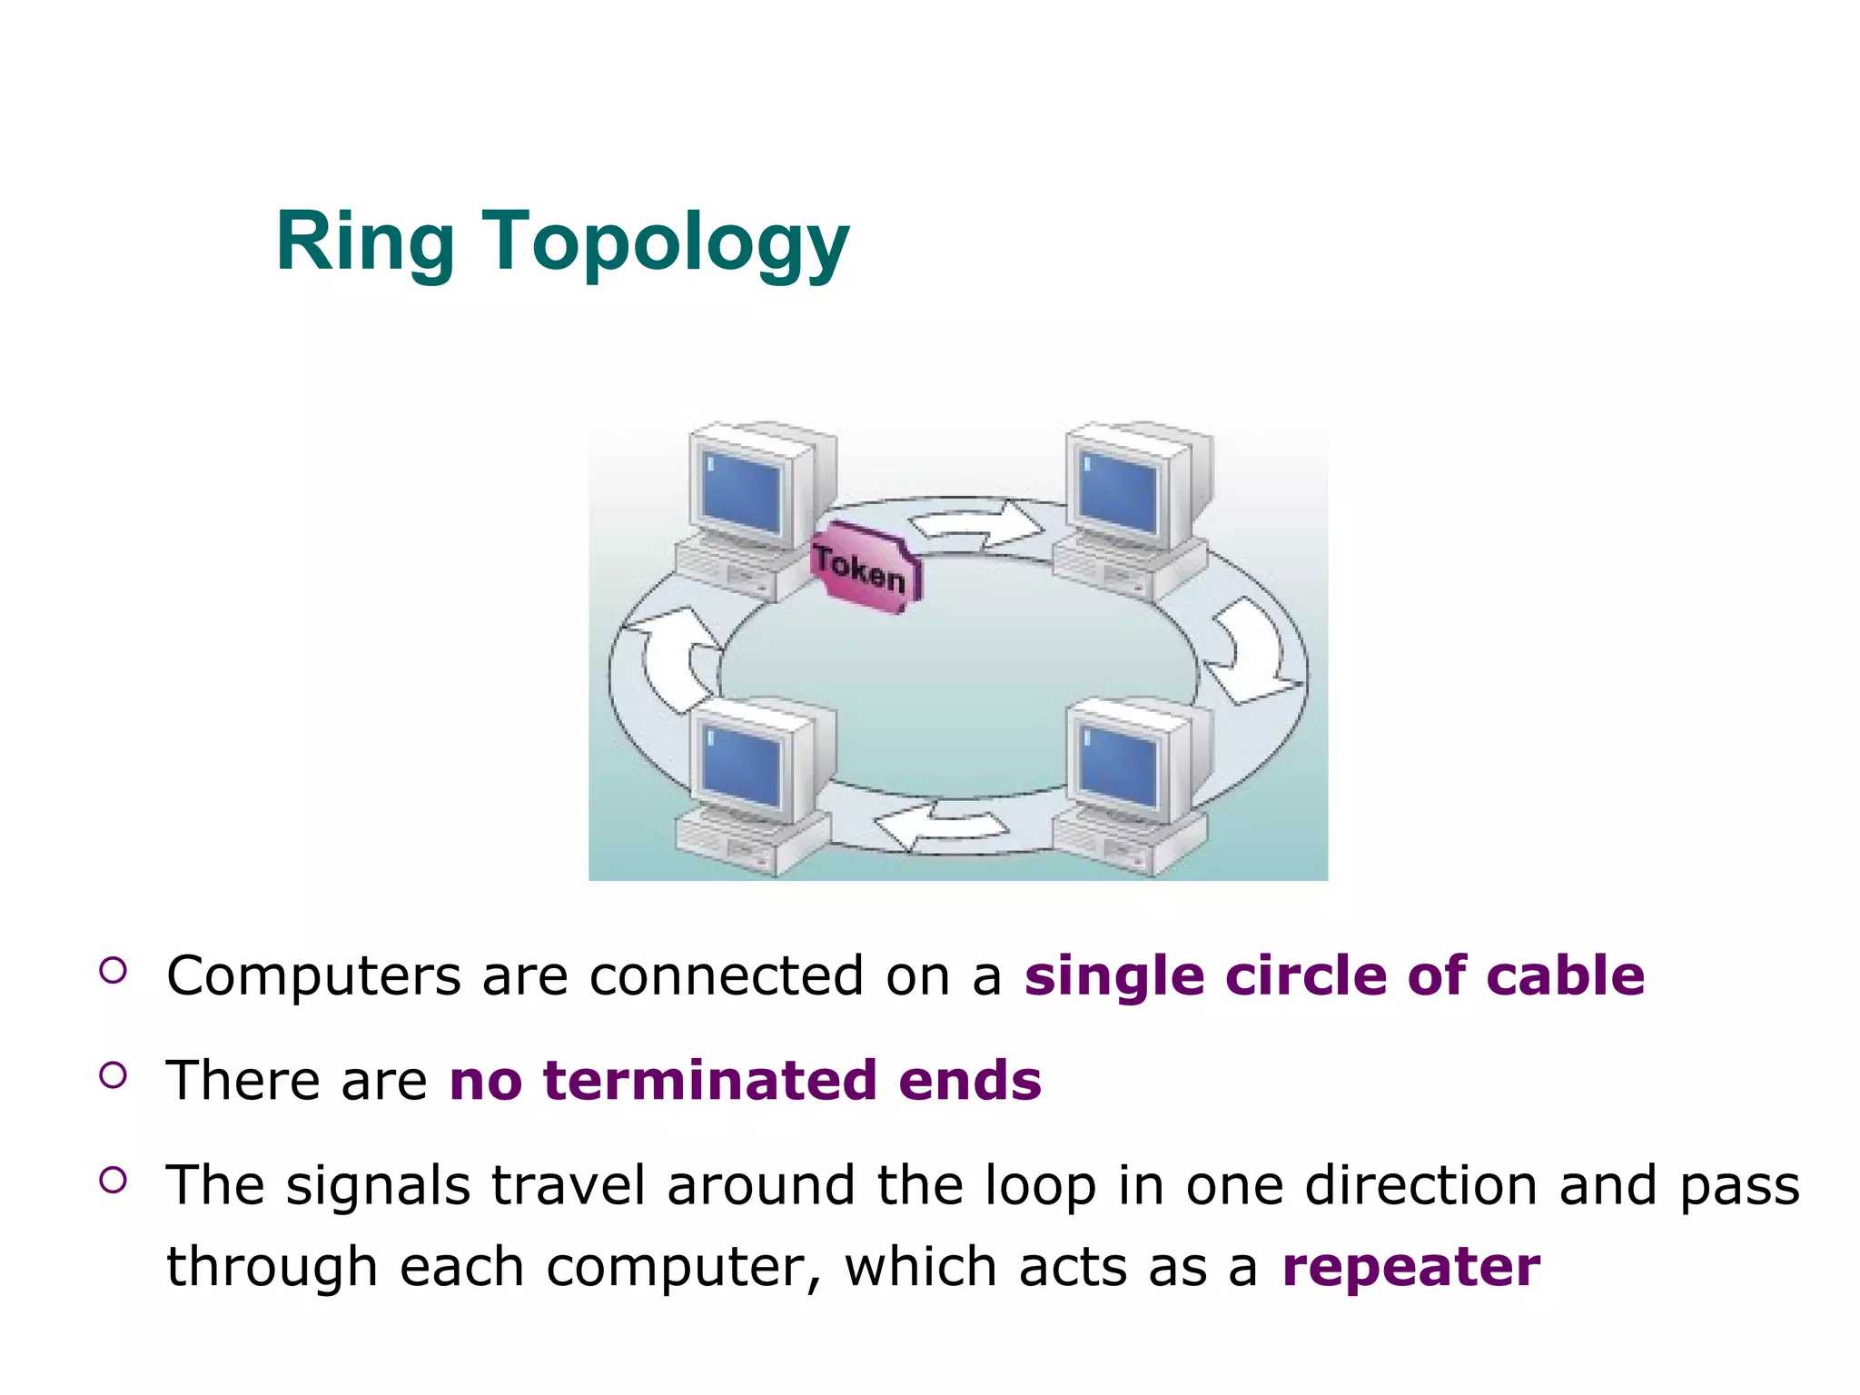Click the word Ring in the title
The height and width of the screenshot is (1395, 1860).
[364, 242]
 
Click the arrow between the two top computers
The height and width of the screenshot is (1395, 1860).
[977, 526]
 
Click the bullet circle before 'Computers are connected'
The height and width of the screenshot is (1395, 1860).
[113, 971]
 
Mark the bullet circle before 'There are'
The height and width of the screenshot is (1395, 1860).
[113, 1076]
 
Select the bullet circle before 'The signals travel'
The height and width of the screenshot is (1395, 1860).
[113, 1180]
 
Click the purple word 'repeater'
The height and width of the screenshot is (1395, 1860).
[1410, 1267]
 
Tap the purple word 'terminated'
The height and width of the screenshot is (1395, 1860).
[710, 1081]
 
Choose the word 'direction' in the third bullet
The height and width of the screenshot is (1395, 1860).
[1421, 1186]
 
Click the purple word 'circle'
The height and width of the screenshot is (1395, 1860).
[1305, 975]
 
